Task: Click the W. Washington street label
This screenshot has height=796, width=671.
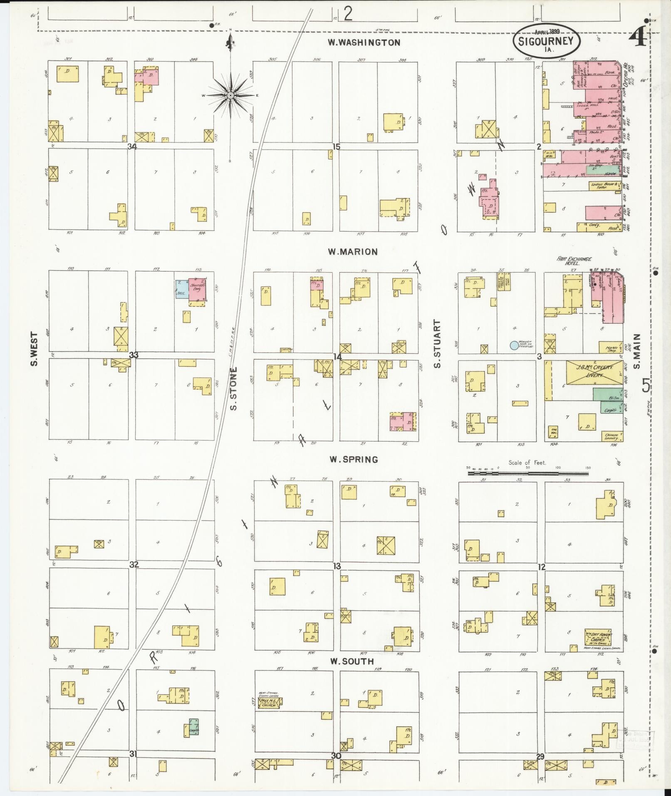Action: (364, 42)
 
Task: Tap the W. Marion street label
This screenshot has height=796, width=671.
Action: (353, 252)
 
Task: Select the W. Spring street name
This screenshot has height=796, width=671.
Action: (354, 459)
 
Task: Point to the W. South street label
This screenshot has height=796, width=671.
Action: (352, 661)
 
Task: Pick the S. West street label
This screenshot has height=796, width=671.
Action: (34, 349)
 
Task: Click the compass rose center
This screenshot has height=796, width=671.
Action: (230, 96)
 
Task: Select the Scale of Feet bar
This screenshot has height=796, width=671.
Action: (528, 473)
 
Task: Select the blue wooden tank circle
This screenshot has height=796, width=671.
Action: (514, 345)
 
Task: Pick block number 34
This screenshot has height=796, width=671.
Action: (132, 146)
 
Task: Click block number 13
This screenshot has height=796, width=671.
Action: (337, 565)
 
